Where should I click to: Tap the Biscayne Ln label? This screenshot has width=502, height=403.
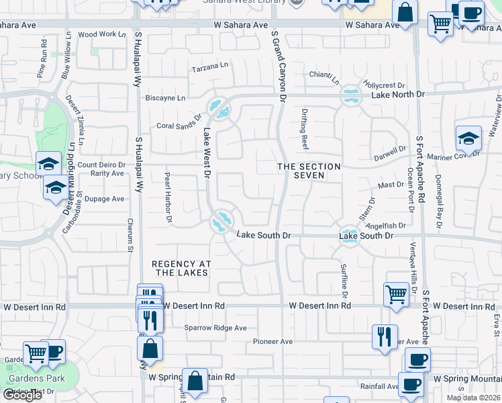(166, 98)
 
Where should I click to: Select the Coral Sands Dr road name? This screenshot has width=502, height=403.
(179, 123)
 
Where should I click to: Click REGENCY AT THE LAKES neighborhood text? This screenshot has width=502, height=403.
(179, 268)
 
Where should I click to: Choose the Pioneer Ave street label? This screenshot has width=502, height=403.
(272, 342)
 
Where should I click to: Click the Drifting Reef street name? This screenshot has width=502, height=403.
(305, 129)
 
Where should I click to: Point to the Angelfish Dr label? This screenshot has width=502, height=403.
(386, 226)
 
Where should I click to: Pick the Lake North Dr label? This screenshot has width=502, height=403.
(398, 95)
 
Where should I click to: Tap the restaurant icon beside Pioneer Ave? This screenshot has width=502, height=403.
(385, 336)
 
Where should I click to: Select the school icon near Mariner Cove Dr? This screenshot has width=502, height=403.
(468, 139)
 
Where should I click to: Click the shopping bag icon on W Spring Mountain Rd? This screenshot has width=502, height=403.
(195, 381)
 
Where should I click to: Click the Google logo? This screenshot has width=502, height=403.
(22, 395)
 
